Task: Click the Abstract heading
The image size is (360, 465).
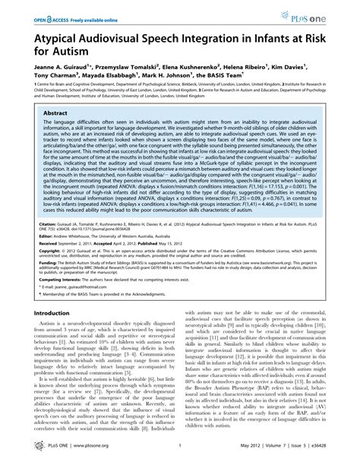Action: click(x=56, y=112)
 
